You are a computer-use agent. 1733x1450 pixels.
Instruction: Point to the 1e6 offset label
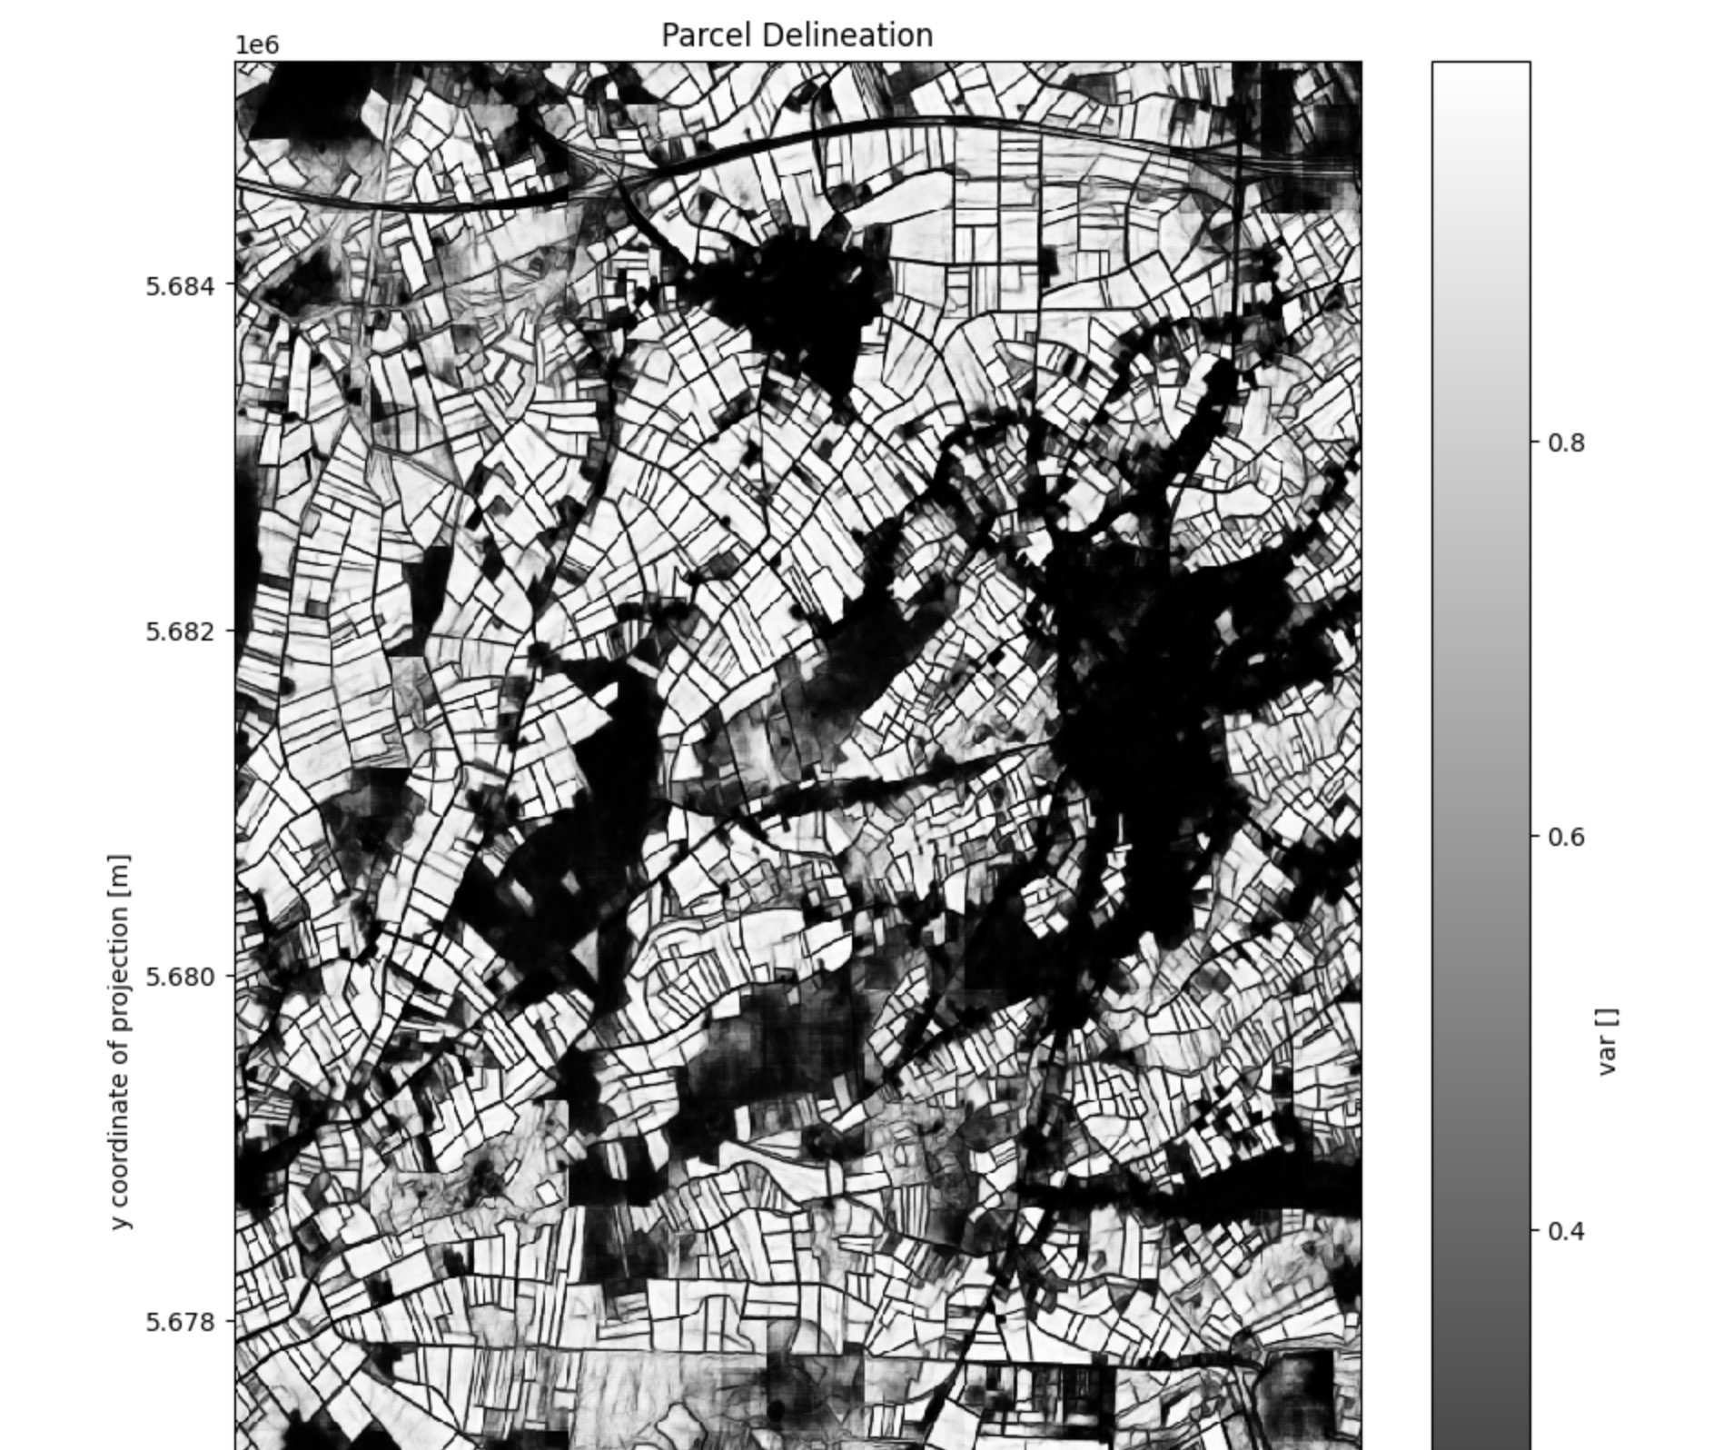pos(257,45)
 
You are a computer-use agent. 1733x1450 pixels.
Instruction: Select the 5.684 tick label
pos(181,286)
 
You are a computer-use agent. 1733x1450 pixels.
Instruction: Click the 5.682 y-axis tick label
pos(181,631)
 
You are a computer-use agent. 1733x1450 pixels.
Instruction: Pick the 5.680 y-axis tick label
pos(181,977)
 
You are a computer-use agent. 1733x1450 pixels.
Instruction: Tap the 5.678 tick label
pos(181,1322)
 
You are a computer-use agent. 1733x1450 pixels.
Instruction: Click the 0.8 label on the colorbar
pos(1565,443)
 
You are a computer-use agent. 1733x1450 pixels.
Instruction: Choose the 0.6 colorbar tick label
pos(1565,837)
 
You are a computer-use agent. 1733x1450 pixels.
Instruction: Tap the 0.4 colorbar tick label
pos(1565,1231)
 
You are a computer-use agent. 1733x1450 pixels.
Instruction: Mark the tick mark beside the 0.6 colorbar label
pos(1535,836)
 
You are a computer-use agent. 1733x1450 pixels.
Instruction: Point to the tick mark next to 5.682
pos(231,631)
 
